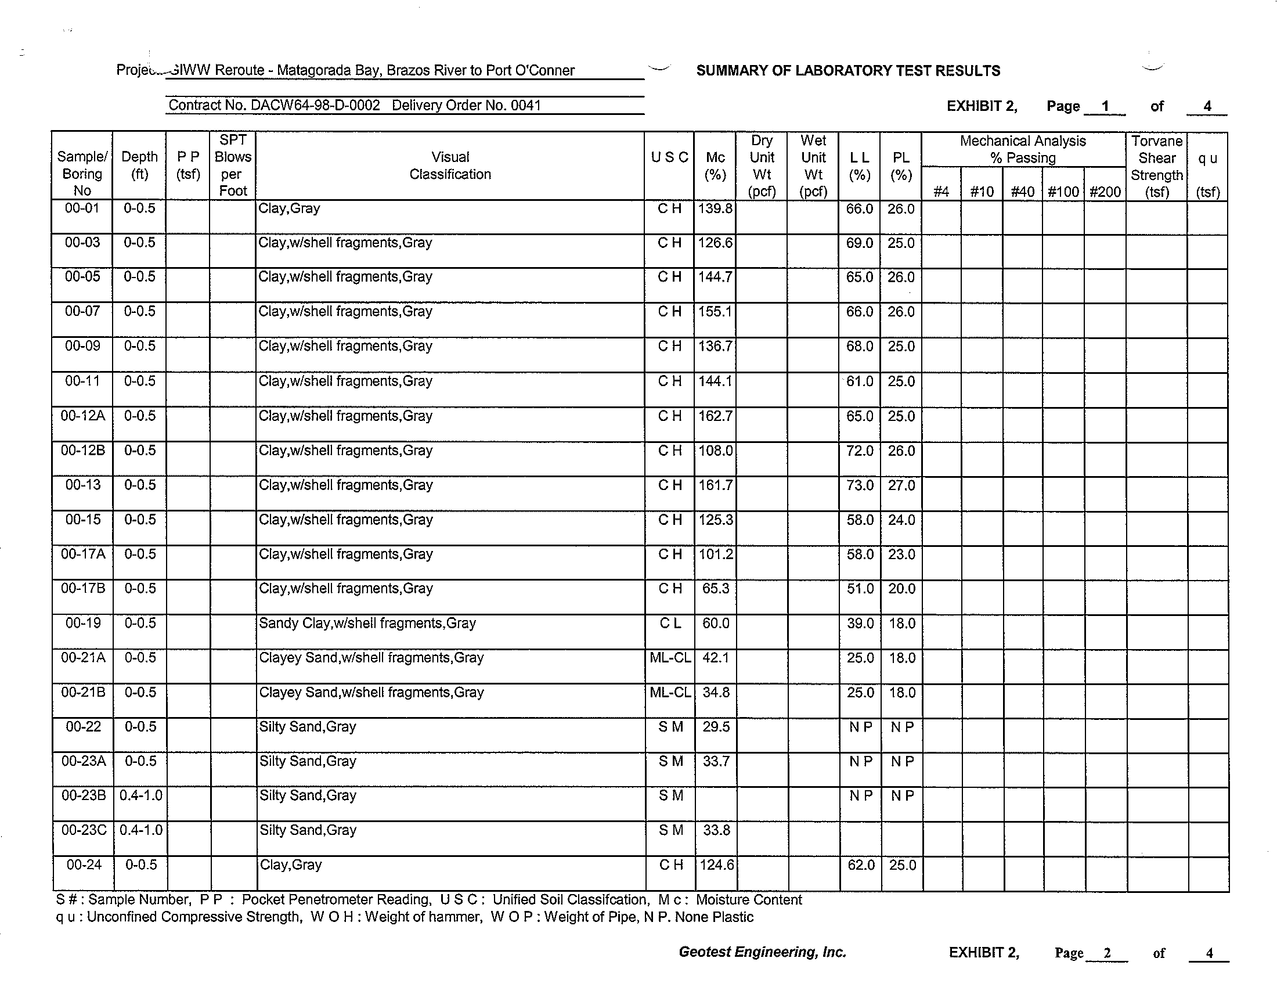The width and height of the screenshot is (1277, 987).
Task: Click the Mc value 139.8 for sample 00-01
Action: pyautogui.click(x=715, y=209)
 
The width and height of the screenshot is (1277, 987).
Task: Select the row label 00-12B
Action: pyautogui.click(x=83, y=450)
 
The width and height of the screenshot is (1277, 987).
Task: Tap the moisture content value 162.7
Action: pyautogui.click(x=715, y=416)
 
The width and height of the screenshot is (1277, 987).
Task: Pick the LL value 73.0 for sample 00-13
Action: pyautogui.click(x=860, y=485)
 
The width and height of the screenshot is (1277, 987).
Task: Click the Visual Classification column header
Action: pyautogui.click(x=450, y=165)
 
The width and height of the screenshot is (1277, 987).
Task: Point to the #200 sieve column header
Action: pyautogui.click(x=1105, y=192)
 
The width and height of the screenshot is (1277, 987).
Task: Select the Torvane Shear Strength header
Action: pyautogui.click(x=1156, y=166)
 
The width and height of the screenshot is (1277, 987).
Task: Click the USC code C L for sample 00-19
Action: pyautogui.click(x=670, y=624)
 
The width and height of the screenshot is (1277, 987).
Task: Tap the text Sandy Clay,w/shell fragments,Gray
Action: pyautogui.click(x=367, y=624)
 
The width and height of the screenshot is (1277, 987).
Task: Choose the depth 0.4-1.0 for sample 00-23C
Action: pyautogui.click(x=141, y=830)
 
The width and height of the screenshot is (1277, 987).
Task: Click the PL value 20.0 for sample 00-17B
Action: pyautogui.click(x=901, y=589)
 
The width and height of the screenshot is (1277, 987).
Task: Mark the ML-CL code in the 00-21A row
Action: pyautogui.click(x=670, y=658)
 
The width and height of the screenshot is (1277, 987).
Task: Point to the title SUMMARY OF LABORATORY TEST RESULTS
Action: pyautogui.click(x=848, y=71)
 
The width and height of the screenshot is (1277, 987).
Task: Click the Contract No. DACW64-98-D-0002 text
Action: pyautogui.click(x=274, y=105)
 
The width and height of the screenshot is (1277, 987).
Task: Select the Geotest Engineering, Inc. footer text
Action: pyautogui.click(x=762, y=952)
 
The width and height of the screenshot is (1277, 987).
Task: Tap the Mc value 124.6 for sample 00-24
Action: pyautogui.click(x=716, y=865)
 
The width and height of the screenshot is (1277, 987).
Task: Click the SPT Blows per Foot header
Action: pyautogui.click(x=233, y=165)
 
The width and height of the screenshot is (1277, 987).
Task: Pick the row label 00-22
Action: pyautogui.click(x=83, y=727)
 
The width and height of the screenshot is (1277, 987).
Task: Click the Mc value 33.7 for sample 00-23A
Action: pyautogui.click(x=716, y=761)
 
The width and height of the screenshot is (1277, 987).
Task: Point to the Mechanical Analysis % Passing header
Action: pyautogui.click(x=1023, y=149)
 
